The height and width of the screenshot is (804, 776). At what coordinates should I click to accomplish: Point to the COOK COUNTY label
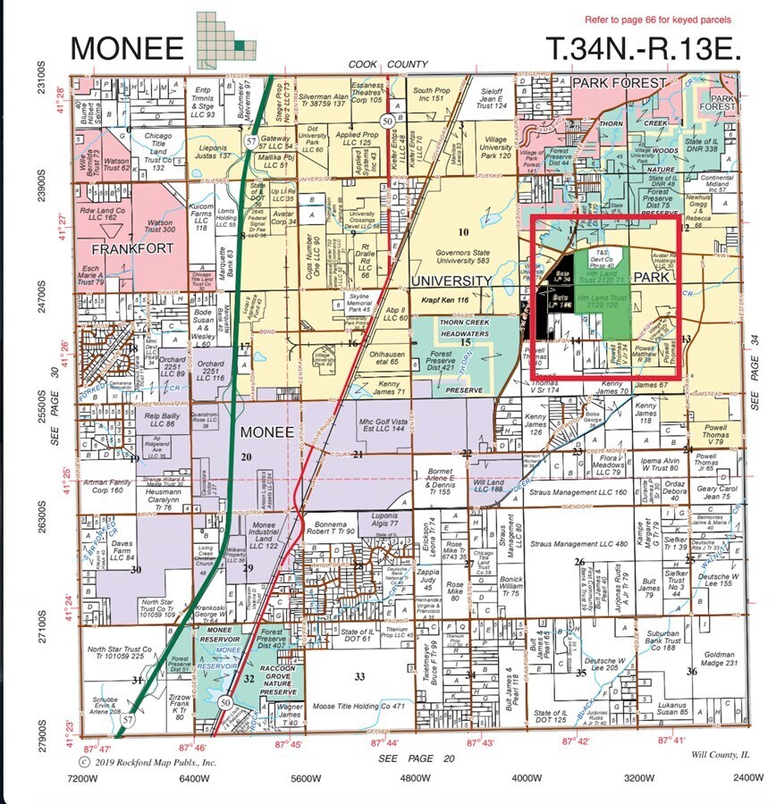pyautogui.click(x=387, y=65)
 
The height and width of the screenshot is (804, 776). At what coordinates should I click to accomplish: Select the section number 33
pyautogui.click(x=359, y=676)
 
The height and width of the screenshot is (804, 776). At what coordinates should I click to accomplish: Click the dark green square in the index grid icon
pyautogui.click(x=239, y=45)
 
